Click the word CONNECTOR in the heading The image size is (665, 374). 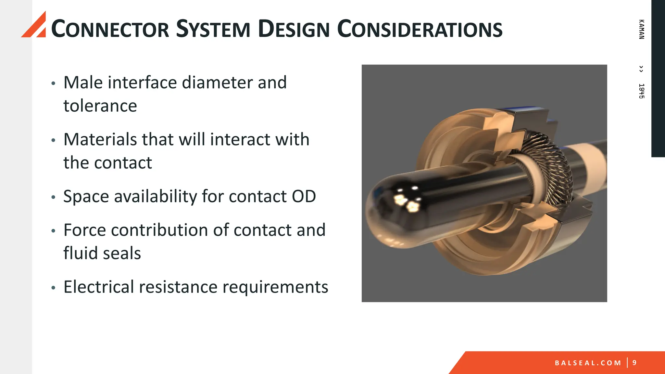[x=110, y=29]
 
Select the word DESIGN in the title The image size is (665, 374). [x=294, y=29]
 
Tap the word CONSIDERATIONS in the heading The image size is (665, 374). [x=420, y=29]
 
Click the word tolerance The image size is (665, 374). [x=100, y=106]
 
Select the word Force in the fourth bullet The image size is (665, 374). [x=85, y=230]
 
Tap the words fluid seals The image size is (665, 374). [x=102, y=253]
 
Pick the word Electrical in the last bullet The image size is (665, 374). [x=99, y=287]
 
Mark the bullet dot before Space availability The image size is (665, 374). [x=54, y=197]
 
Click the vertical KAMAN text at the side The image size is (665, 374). [x=641, y=29]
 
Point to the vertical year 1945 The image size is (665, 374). [x=641, y=91]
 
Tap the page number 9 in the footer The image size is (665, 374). [x=634, y=363]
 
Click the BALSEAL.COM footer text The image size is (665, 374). [x=588, y=363]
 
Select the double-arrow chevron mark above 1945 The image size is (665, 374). [x=641, y=69]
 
